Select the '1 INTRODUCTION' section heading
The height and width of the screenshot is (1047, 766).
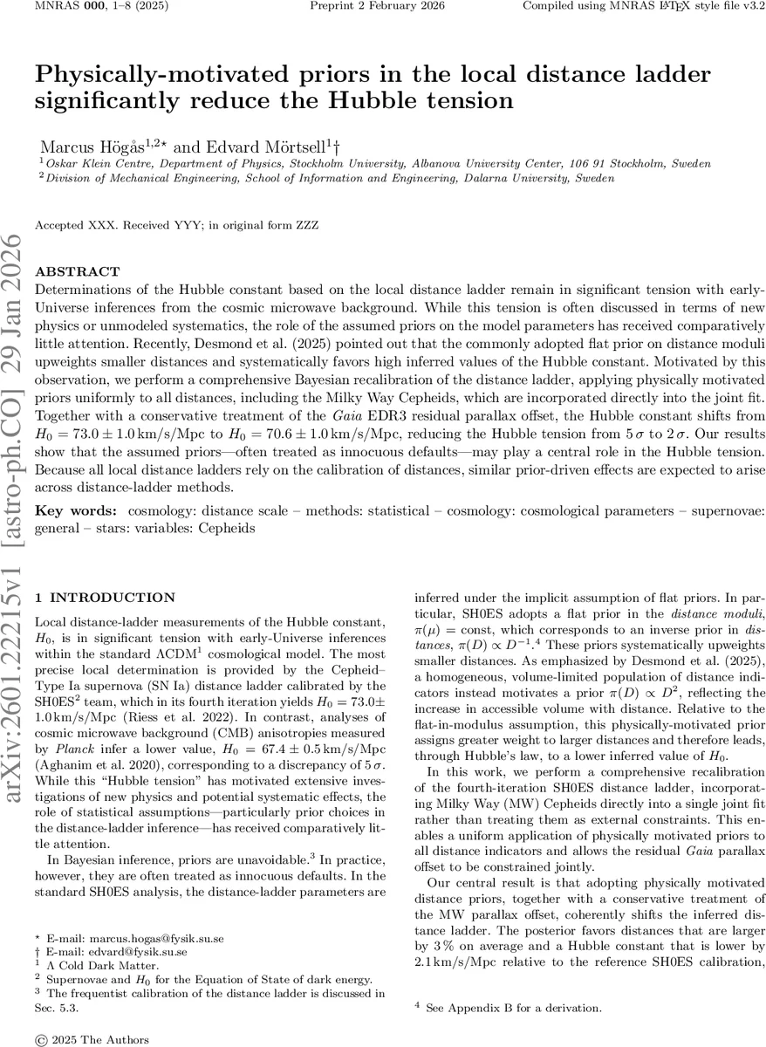[104, 598]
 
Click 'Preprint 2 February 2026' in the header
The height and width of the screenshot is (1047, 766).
[378, 6]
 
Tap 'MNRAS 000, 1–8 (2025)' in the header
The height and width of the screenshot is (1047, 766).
[89, 6]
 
